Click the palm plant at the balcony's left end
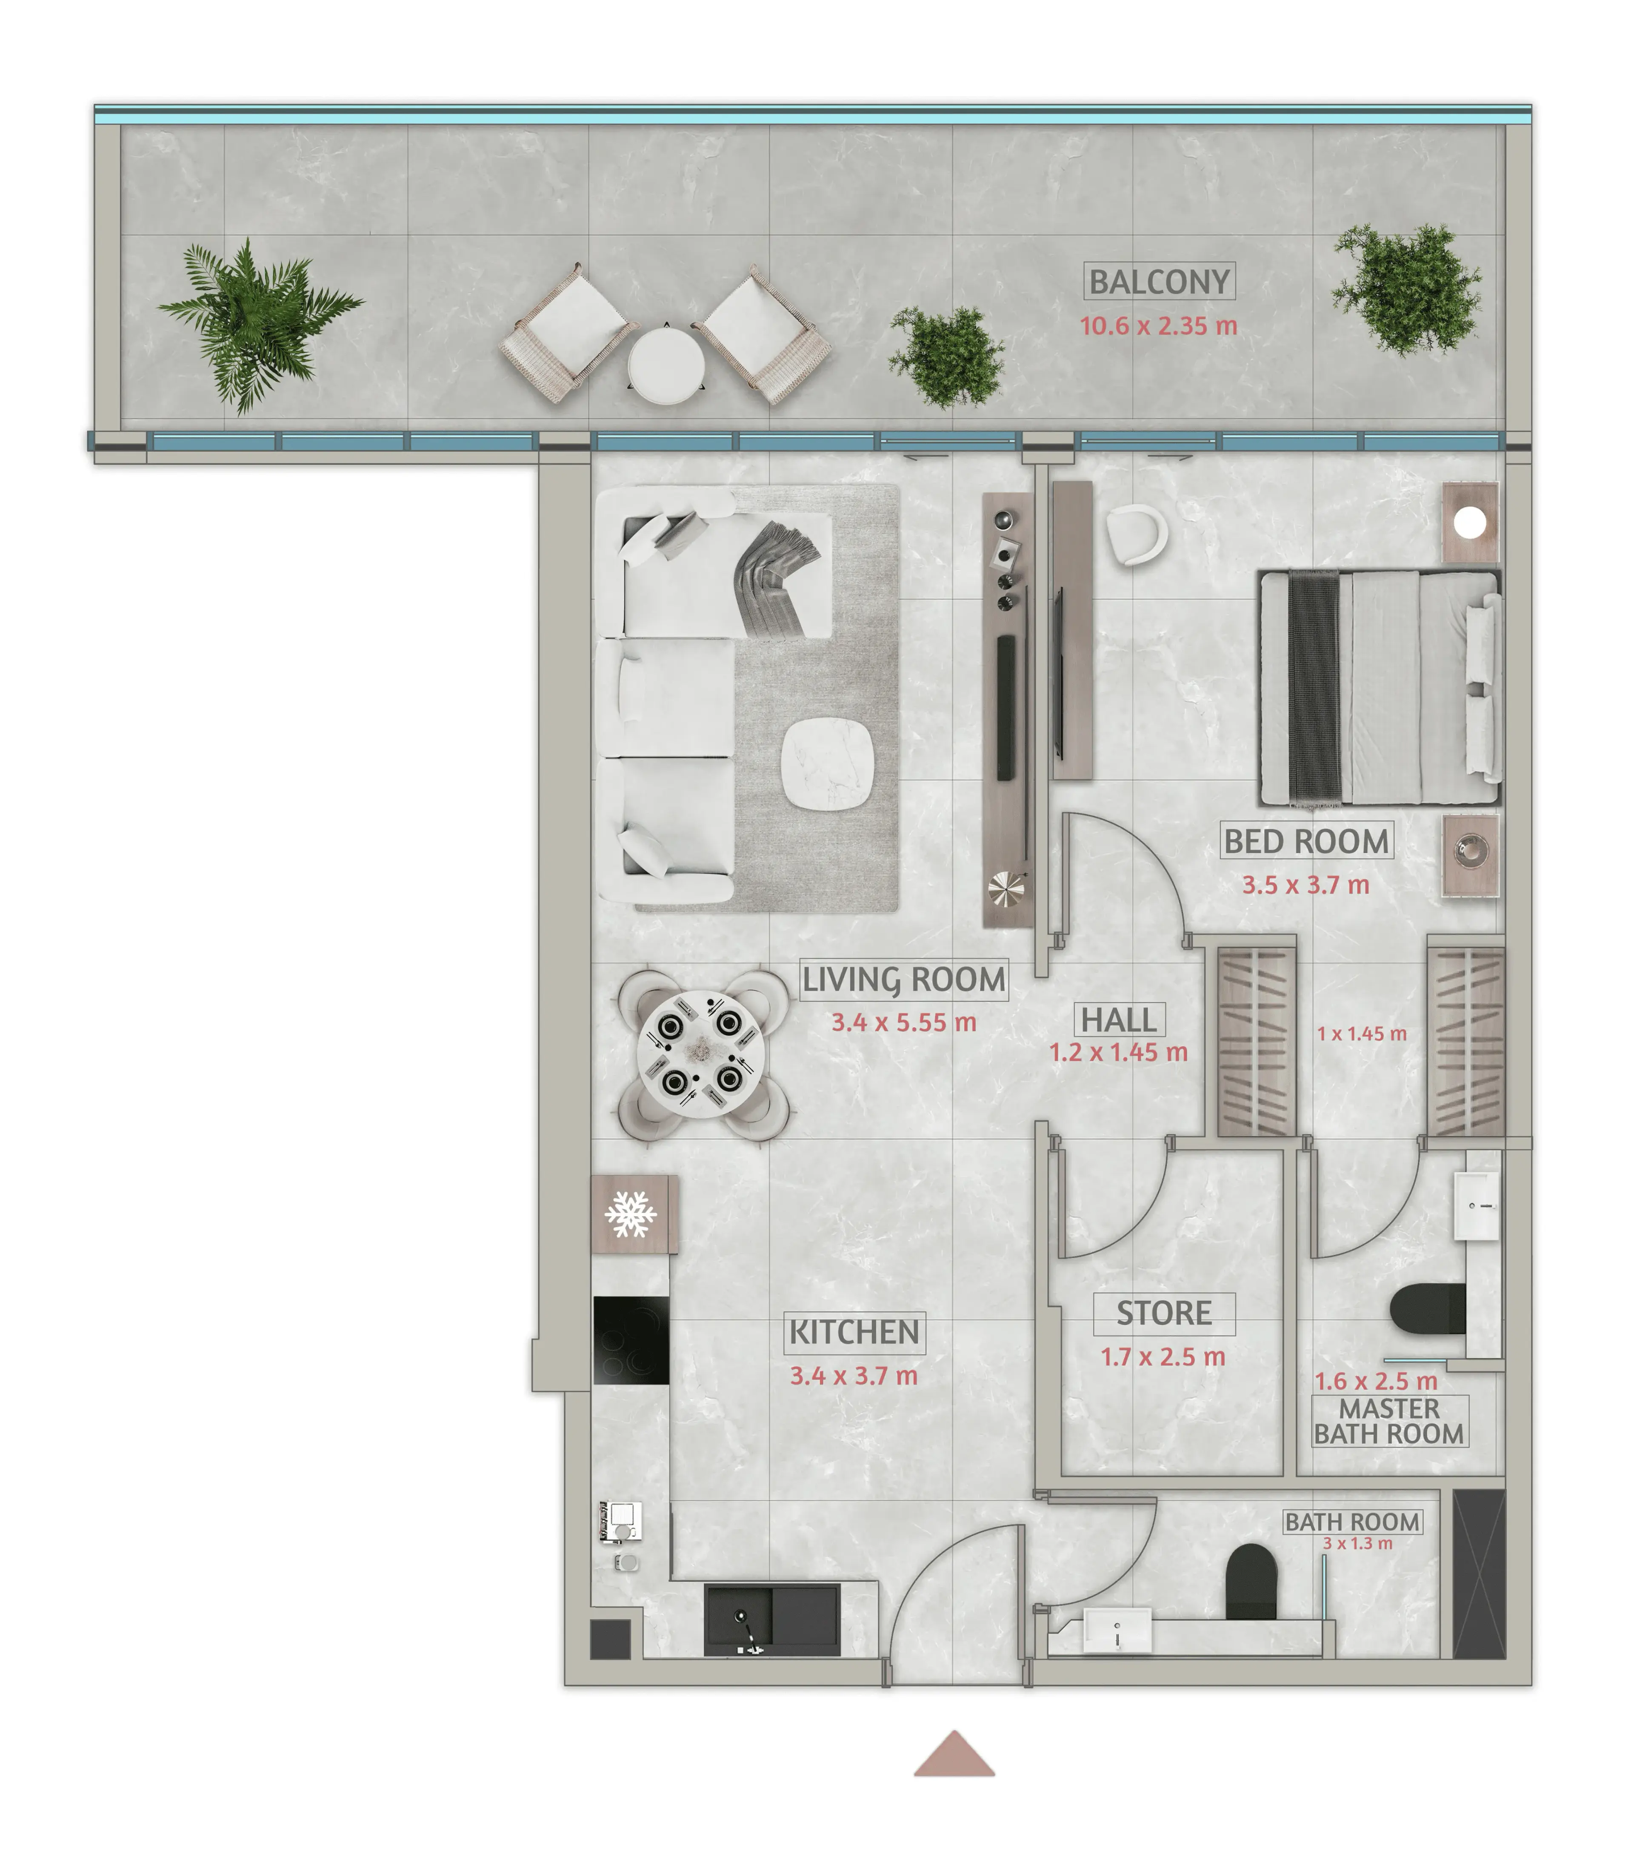click(258, 324)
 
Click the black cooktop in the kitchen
click(631, 1340)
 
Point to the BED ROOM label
click(1306, 841)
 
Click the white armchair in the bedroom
click(1137, 534)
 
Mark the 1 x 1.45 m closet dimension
click(1361, 1033)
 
